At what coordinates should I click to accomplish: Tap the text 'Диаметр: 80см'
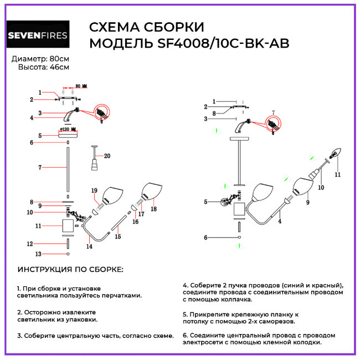41,59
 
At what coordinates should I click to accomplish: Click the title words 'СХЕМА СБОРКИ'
147,27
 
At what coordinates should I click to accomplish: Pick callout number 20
107,156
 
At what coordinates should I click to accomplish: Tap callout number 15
117,236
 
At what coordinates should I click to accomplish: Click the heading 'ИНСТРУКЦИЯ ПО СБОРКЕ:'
70,269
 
